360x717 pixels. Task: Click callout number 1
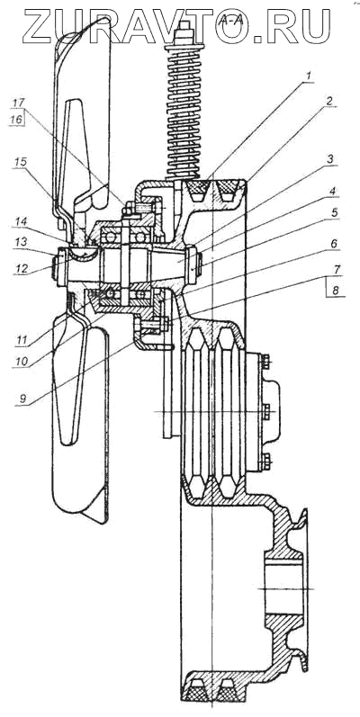point(309,75)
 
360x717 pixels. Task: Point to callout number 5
point(334,212)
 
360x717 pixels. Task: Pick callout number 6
point(335,244)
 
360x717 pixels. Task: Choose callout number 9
point(22,397)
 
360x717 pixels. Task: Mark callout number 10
point(21,361)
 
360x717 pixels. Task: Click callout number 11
point(21,340)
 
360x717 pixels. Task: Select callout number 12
point(21,268)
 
